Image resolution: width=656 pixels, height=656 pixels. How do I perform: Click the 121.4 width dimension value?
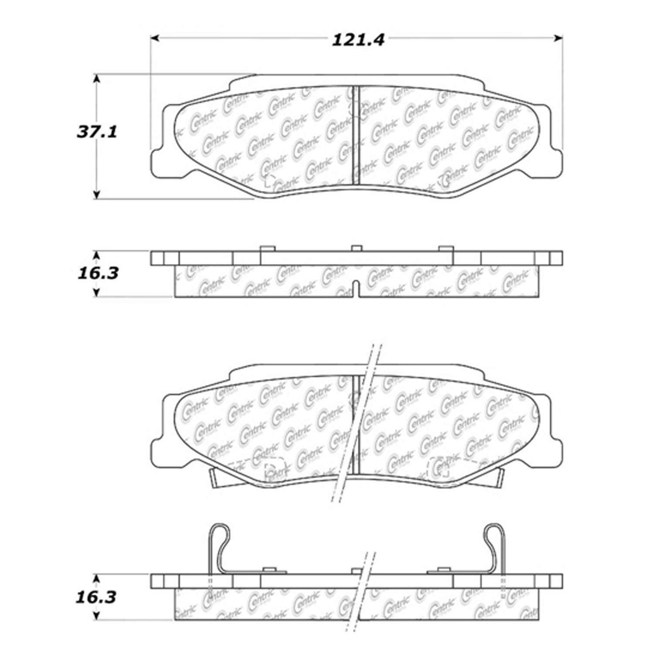[x=359, y=40]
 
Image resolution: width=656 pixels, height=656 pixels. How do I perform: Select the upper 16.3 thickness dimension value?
[x=97, y=274]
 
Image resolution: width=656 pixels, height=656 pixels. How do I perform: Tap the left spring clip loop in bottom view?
[x=219, y=536]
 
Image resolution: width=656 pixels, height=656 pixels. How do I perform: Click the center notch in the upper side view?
[x=356, y=289]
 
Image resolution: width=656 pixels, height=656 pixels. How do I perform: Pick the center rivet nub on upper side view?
[x=356, y=248]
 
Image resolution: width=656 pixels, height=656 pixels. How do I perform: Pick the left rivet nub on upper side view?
[x=267, y=248]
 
